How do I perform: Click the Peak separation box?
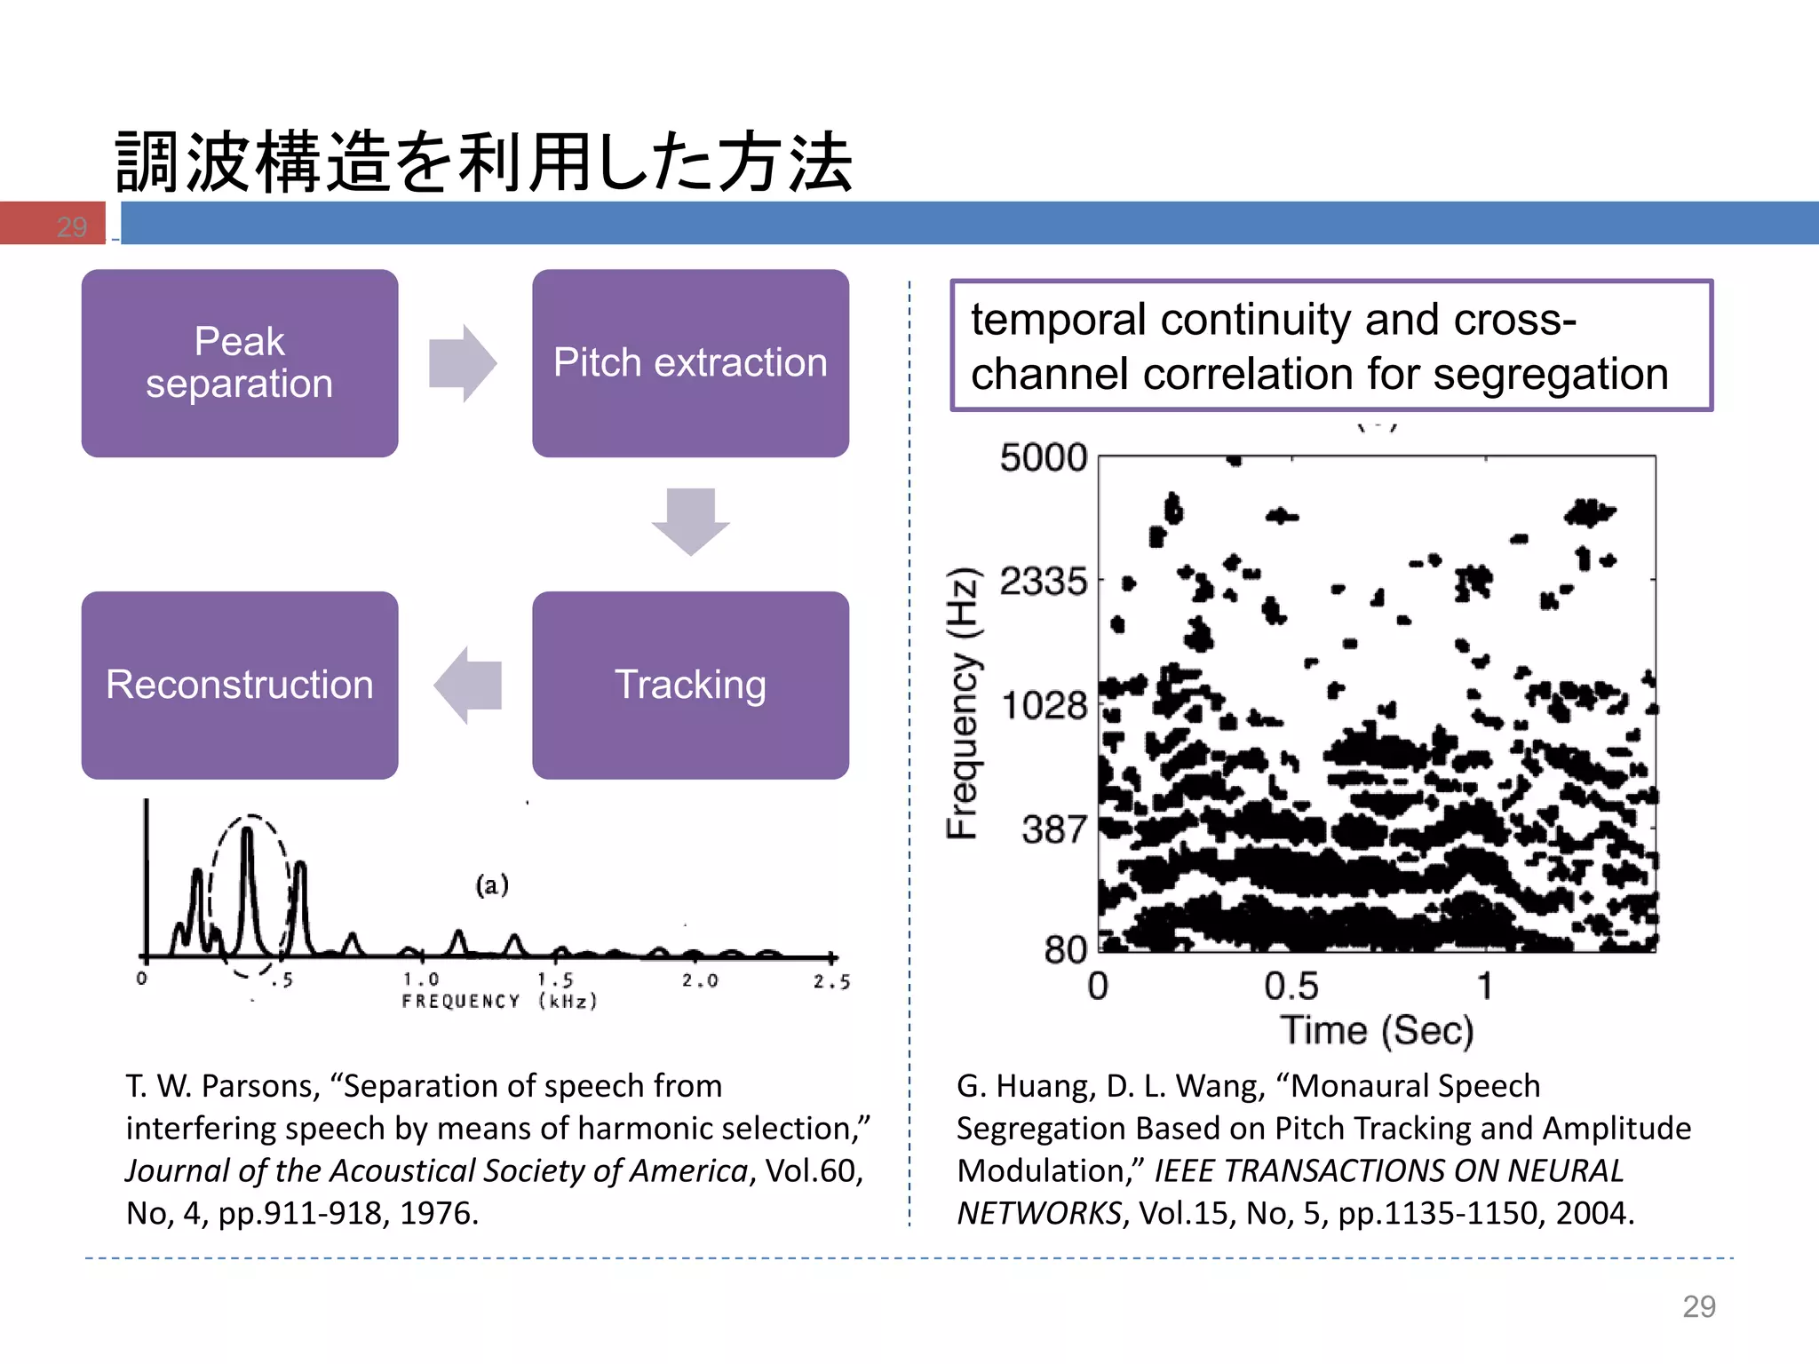coord(240,363)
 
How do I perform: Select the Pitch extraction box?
coord(690,363)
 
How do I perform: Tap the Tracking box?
coord(690,685)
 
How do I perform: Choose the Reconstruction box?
coord(240,685)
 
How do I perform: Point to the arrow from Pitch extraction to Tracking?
coord(690,521)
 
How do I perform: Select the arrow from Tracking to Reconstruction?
coord(468,685)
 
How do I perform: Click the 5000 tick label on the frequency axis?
coord(1043,458)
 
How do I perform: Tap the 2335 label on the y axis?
coord(1043,582)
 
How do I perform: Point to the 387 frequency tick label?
coord(1053,829)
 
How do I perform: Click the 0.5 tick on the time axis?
coord(1291,987)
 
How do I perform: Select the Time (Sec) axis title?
coord(1377,1030)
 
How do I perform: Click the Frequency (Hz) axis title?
coord(963,702)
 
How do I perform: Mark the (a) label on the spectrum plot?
coord(492,884)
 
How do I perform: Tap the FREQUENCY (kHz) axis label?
coord(499,1002)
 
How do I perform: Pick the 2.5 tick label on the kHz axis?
coord(831,981)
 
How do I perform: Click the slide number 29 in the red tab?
coord(72,226)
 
